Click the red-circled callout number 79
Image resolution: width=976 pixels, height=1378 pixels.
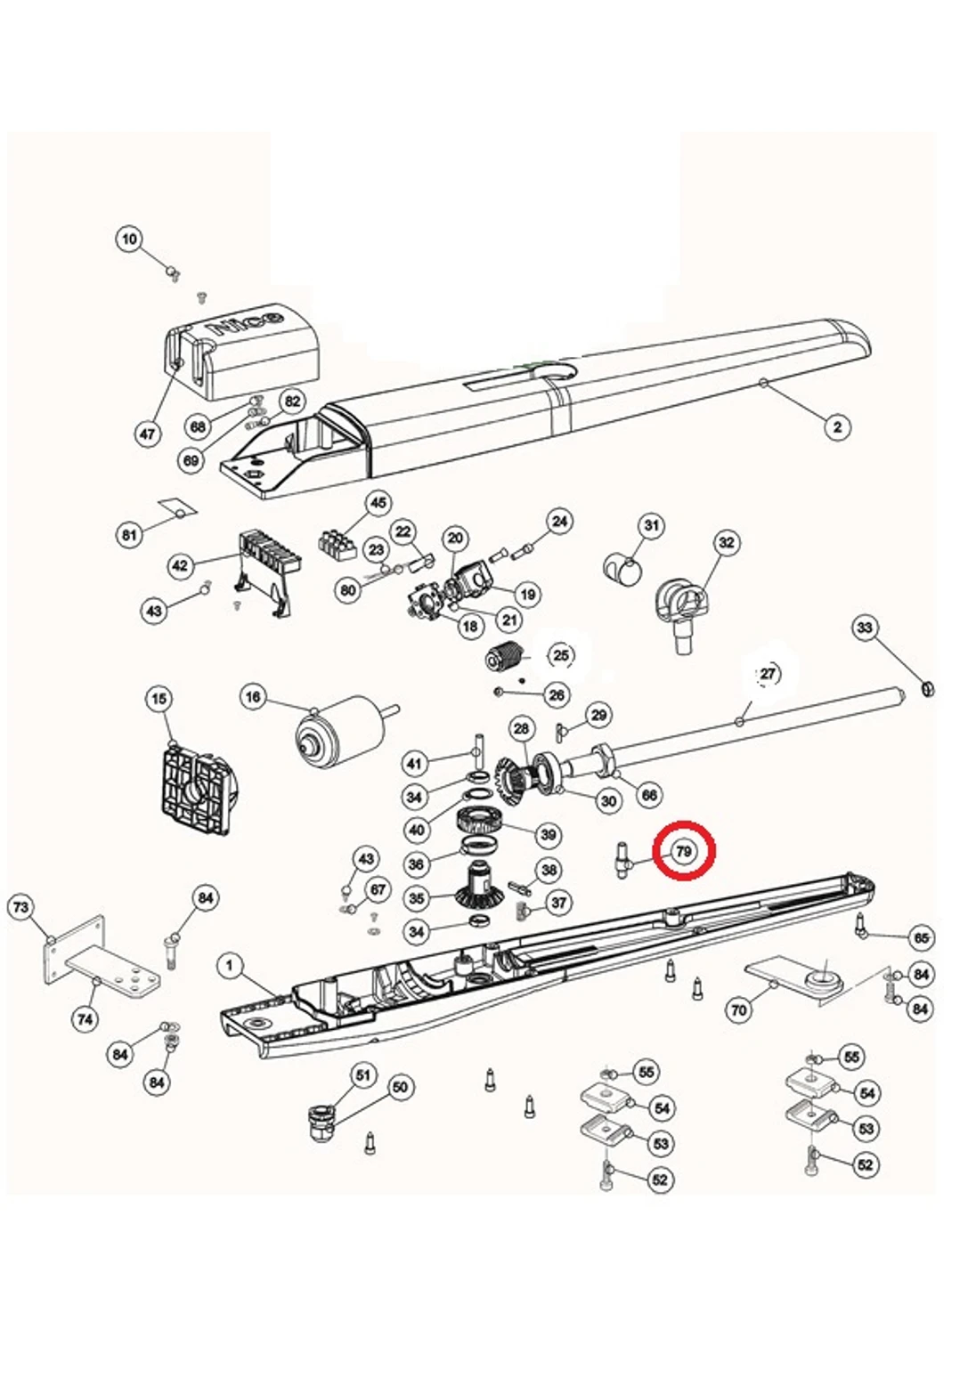[x=684, y=852]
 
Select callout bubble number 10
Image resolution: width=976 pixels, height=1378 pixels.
[x=130, y=239]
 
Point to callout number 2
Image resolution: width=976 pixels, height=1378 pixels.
[x=836, y=427]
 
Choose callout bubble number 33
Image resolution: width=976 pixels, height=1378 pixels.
[x=865, y=628]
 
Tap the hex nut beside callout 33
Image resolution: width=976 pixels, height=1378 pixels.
[x=925, y=687]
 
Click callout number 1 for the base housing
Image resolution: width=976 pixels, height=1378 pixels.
[x=231, y=966]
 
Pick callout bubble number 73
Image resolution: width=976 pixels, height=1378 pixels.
[x=21, y=908]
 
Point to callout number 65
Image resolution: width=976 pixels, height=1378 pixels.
[x=921, y=937]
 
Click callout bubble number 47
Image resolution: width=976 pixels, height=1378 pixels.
[x=148, y=434]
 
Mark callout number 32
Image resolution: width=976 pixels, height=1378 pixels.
[x=727, y=542]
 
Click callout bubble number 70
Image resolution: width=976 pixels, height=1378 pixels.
[x=738, y=1010]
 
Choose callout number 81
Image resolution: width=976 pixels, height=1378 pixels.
[x=130, y=535]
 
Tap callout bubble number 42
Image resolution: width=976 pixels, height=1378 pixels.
[x=181, y=566]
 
